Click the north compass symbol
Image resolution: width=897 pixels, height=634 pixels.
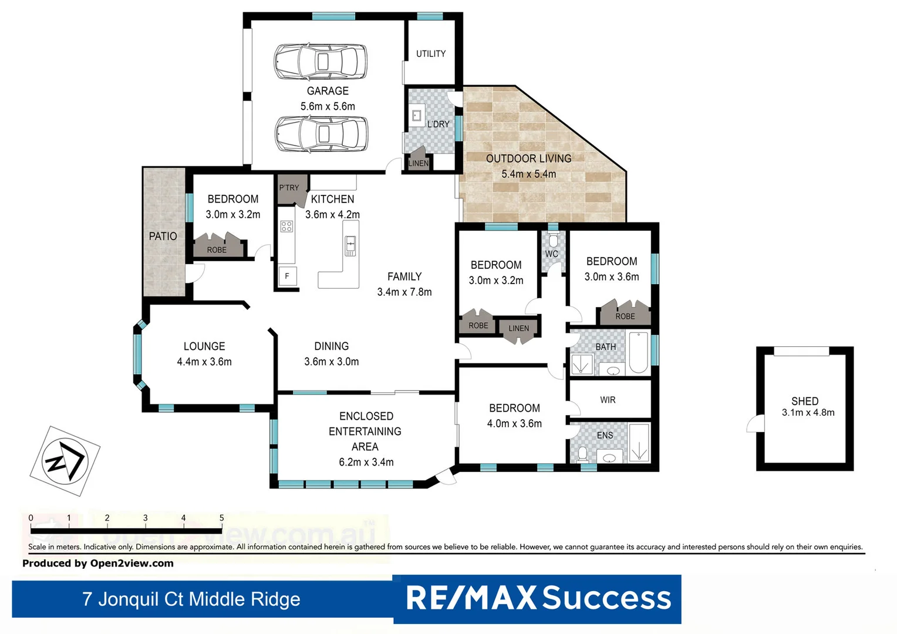[x=65, y=461]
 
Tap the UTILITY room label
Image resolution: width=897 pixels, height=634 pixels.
[x=431, y=53]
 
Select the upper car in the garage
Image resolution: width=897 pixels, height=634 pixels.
[x=321, y=62]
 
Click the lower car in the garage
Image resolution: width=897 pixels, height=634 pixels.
[x=322, y=134]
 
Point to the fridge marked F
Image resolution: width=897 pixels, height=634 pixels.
[x=287, y=276]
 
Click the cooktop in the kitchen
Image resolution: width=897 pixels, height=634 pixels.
[x=286, y=226]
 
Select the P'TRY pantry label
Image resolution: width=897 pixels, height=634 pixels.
[x=289, y=188]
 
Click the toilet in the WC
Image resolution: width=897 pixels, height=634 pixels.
[x=553, y=241]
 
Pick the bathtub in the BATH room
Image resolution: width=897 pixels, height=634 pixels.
[x=638, y=352]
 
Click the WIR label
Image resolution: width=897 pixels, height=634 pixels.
[x=608, y=400]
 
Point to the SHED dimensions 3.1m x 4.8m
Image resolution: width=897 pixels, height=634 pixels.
[x=808, y=413]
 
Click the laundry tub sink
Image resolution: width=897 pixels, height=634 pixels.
[x=417, y=116]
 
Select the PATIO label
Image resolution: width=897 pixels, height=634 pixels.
[x=163, y=236]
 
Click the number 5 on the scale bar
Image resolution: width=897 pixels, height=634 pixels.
[x=221, y=518]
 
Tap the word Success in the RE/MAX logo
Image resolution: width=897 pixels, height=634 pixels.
[x=606, y=598]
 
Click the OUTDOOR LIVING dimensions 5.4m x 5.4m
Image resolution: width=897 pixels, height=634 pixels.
[x=528, y=174]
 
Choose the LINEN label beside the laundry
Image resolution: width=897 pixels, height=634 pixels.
[x=419, y=163]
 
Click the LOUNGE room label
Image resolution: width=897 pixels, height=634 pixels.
[x=204, y=346]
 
